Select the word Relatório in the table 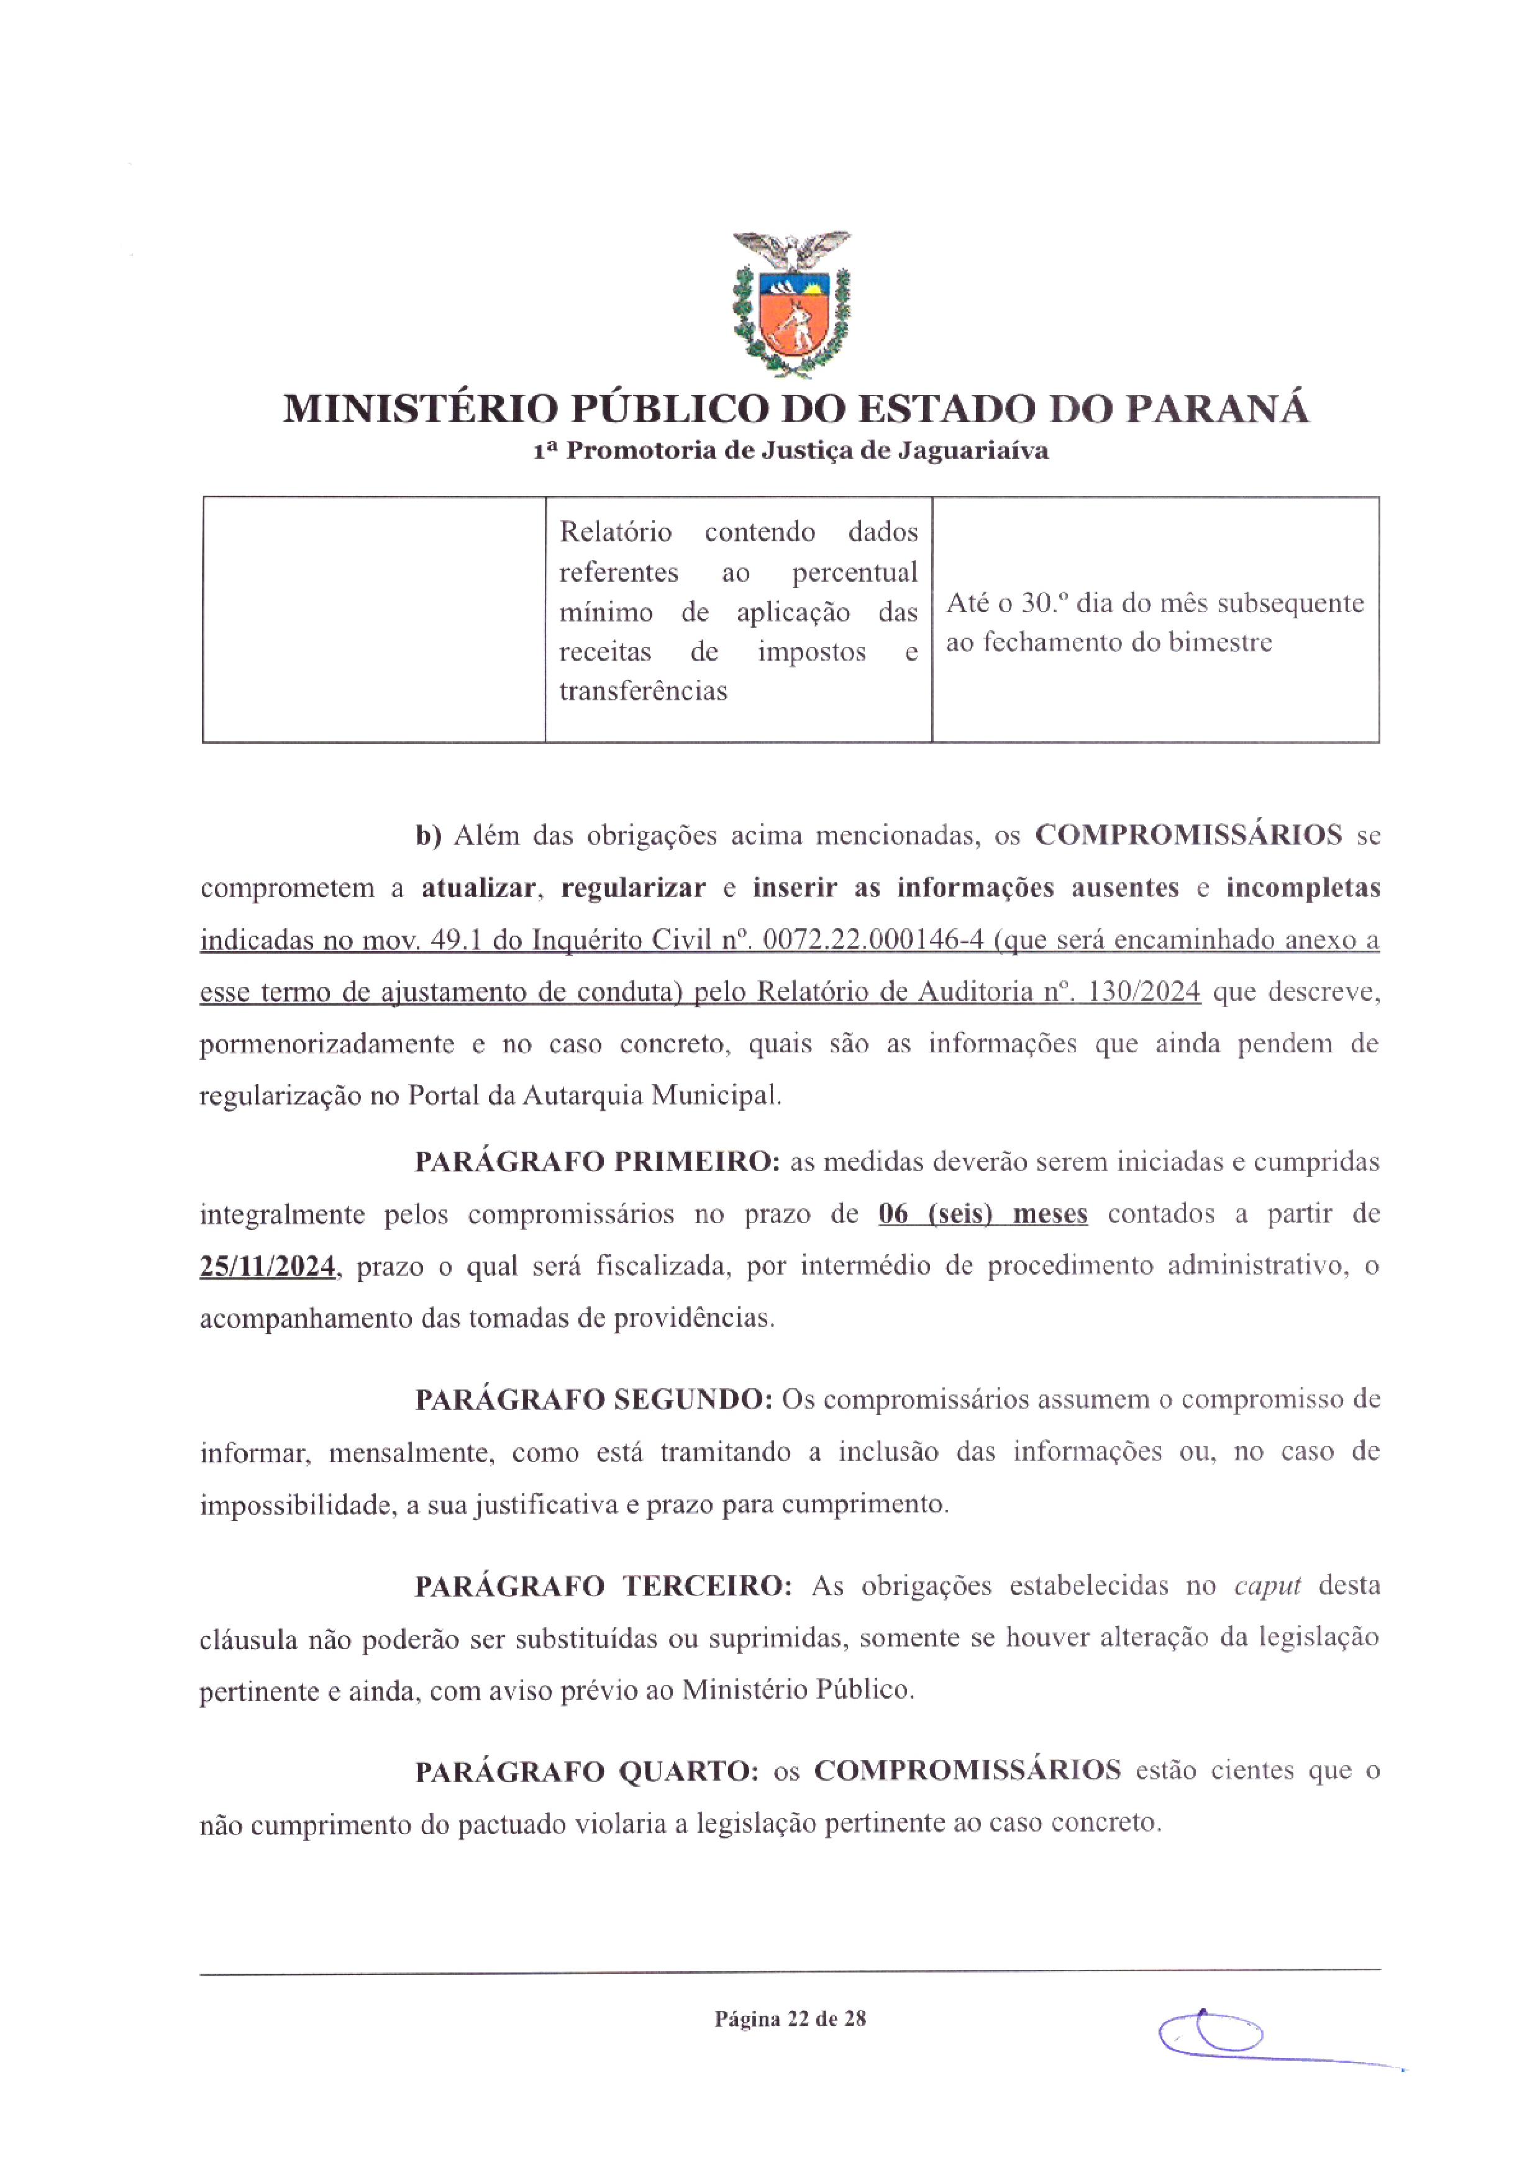pyautogui.click(x=615, y=531)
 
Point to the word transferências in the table pyautogui.click(x=642, y=692)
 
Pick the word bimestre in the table pyautogui.click(x=1219, y=642)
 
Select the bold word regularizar pyautogui.click(x=633, y=888)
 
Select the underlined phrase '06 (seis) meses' pyautogui.click(x=982, y=1214)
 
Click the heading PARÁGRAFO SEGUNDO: pyautogui.click(x=593, y=1399)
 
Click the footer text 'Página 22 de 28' pyautogui.click(x=790, y=2018)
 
